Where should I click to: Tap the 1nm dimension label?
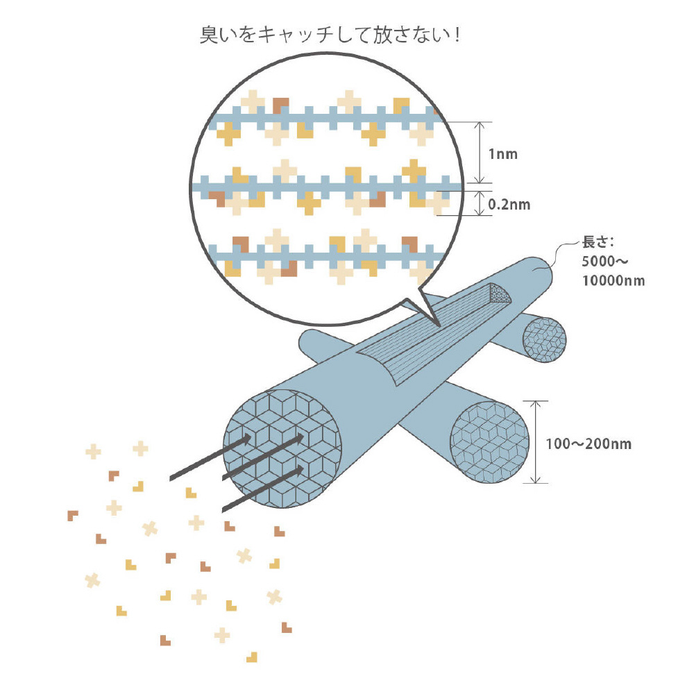click(x=502, y=154)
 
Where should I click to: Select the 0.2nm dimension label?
click(x=509, y=205)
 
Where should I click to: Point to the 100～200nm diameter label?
click(x=589, y=443)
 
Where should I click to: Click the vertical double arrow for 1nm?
click(x=480, y=153)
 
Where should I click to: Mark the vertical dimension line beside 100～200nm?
click(x=535, y=442)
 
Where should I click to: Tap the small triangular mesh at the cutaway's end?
click(x=500, y=294)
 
